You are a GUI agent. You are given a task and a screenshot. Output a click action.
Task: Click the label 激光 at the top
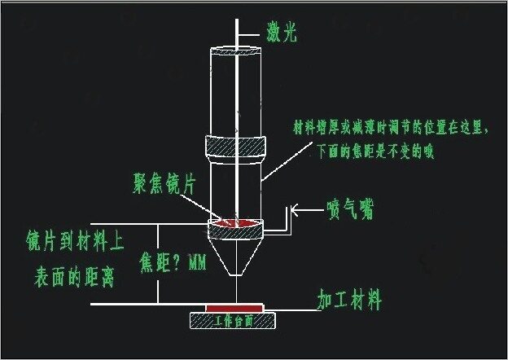(282, 33)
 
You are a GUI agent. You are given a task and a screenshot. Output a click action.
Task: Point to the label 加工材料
(348, 300)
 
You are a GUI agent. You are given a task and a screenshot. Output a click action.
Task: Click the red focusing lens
(236, 222)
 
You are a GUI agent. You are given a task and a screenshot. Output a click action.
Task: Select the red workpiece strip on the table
(235, 307)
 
